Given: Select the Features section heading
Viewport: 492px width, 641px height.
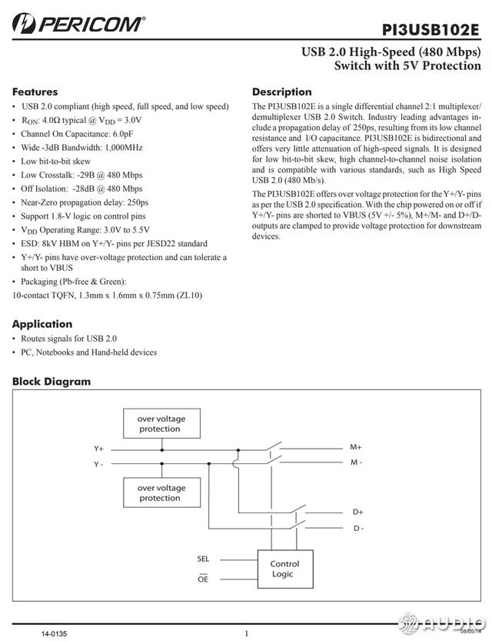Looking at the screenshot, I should [x=35, y=92].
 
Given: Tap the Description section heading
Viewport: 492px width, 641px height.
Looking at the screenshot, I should [x=281, y=92].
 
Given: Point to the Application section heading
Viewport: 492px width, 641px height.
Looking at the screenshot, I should [x=42, y=324].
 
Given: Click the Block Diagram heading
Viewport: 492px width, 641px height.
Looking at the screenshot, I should [x=52, y=381].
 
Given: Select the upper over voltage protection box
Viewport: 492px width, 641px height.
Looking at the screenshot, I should [x=161, y=424].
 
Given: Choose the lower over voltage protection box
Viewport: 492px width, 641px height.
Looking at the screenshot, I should [x=161, y=492].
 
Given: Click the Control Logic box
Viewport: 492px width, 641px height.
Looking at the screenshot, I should [x=284, y=569].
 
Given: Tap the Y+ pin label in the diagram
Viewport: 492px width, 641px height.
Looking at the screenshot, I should [x=99, y=448].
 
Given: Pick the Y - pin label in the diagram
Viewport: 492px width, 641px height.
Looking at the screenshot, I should [x=99, y=464].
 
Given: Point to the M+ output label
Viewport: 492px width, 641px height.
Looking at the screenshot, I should [x=356, y=447].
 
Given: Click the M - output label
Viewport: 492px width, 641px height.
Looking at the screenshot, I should [x=357, y=462].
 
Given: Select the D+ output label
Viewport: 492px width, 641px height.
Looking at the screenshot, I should [x=358, y=512].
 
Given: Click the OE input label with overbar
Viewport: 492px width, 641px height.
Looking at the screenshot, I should [x=203, y=578].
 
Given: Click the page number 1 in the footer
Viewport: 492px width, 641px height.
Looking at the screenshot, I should [x=246, y=633].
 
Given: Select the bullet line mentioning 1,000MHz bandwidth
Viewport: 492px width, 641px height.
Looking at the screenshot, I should [x=82, y=147].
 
